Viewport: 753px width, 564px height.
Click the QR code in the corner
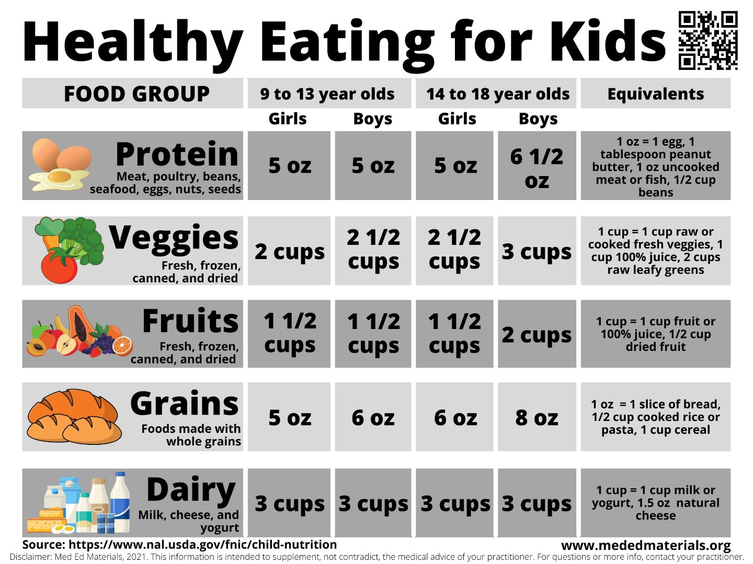point(708,40)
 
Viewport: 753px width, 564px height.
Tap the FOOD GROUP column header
point(136,94)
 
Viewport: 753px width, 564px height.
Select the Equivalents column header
point(655,94)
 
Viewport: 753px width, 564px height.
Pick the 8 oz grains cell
point(537,418)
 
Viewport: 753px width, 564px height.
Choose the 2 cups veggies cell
point(289,251)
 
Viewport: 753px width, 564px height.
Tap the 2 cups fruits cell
point(537,335)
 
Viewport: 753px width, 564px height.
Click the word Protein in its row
point(177,154)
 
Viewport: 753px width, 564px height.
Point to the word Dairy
point(191,490)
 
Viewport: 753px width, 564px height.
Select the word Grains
point(184,404)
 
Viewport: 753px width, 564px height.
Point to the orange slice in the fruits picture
point(122,345)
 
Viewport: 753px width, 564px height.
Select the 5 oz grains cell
point(289,418)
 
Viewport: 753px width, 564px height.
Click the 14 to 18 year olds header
point(497,94)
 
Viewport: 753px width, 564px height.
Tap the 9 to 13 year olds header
point(327,94)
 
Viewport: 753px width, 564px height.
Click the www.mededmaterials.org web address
point(646,546)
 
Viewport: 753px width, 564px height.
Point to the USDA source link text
point(202,545)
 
